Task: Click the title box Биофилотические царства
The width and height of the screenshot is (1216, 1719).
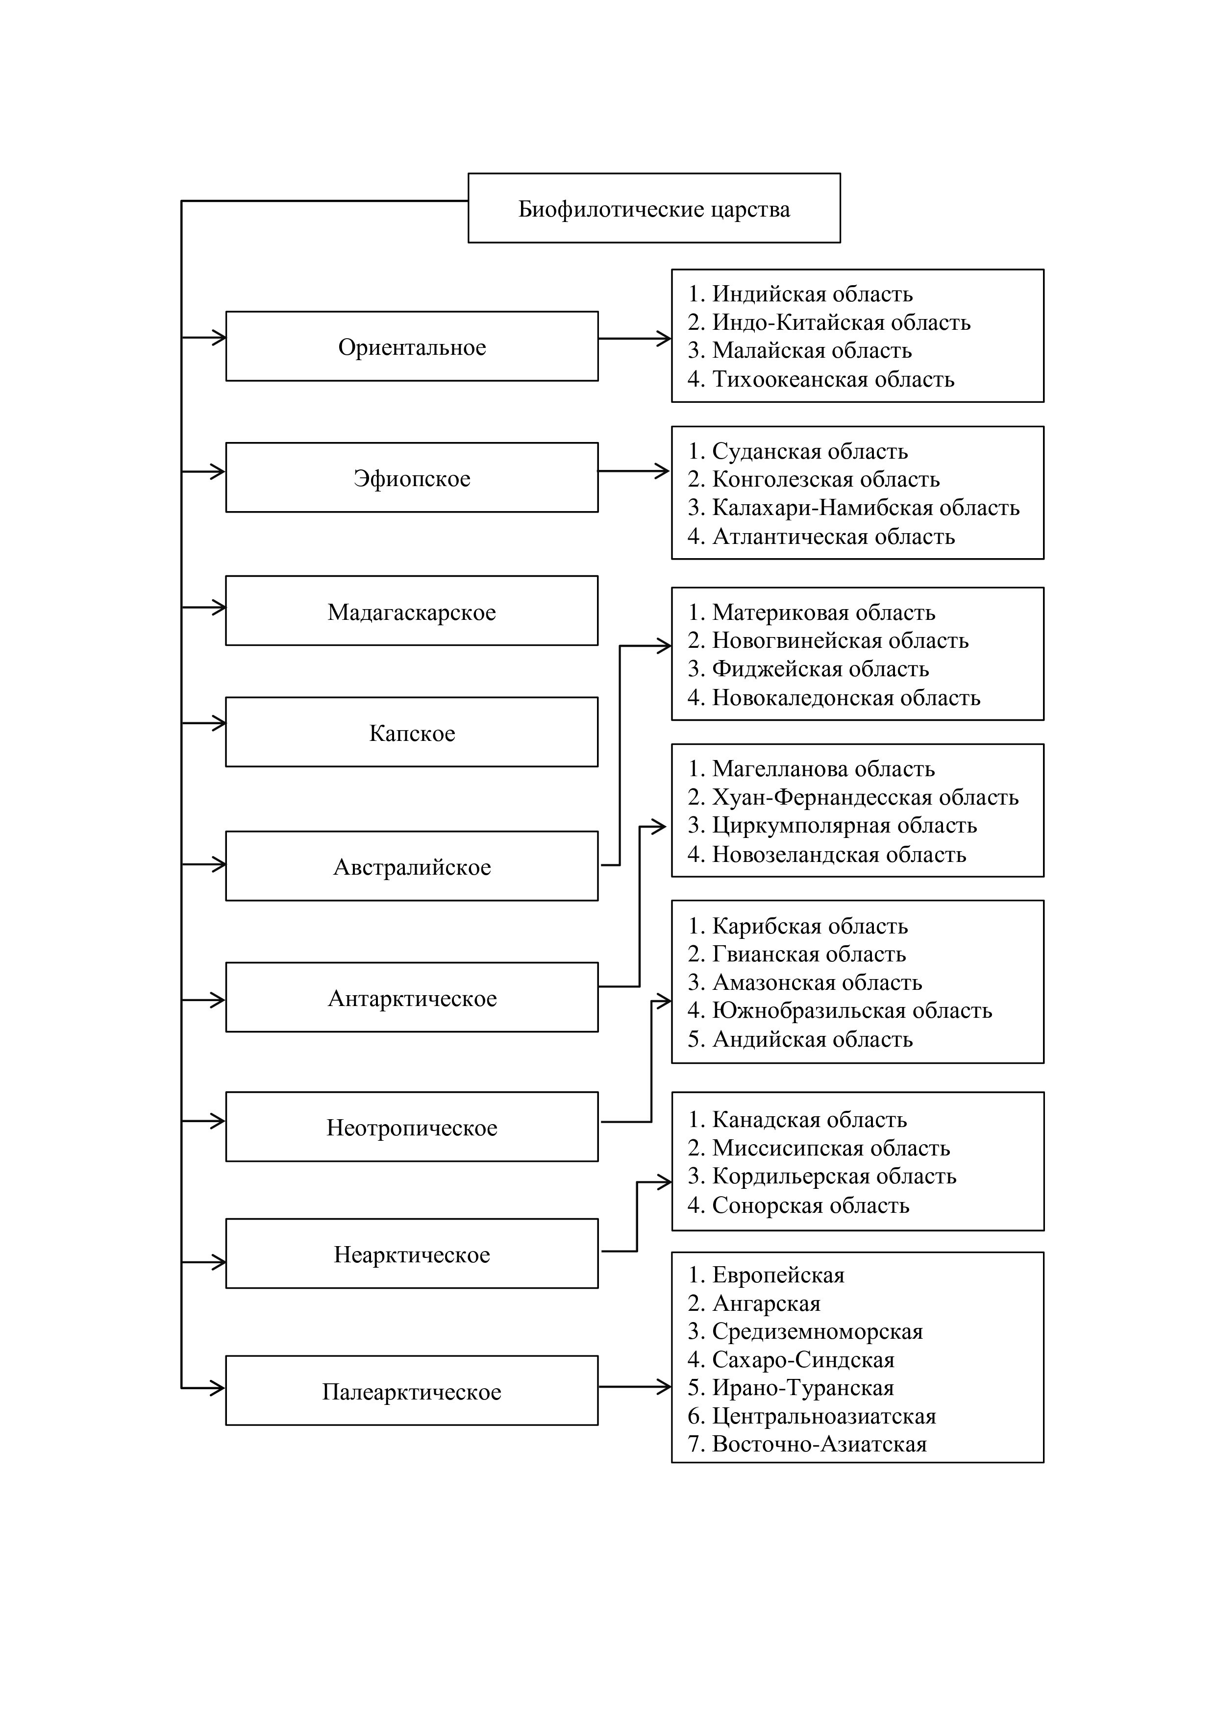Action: click(x=654, y=208)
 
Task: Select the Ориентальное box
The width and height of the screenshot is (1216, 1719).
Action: click(x=412, y=346)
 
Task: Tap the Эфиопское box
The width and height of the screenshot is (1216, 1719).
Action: click(x=412, y=478)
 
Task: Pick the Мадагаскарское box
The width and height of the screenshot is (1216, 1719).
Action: click(x=412, y=611)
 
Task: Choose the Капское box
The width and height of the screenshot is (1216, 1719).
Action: click(x=412, y=732)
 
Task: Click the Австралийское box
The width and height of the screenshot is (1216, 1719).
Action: click(x=412, y=866)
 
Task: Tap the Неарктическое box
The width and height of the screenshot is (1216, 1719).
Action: click(x=412, y=1254)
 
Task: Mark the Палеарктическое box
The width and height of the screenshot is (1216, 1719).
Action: click(x=412, y=1391)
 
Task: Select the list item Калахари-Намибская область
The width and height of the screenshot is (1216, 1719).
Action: click(x=854, y=508)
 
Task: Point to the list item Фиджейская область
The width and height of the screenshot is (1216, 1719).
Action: click(x=809, y=668)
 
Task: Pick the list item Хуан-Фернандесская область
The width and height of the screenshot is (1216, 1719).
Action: click(x=854, y=797)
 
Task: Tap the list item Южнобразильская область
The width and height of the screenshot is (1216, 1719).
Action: click(x=840, y=1011)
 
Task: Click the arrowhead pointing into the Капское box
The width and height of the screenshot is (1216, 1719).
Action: click(x=219, y=723)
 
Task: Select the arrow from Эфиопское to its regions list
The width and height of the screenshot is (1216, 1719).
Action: click(x=633, y=471)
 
